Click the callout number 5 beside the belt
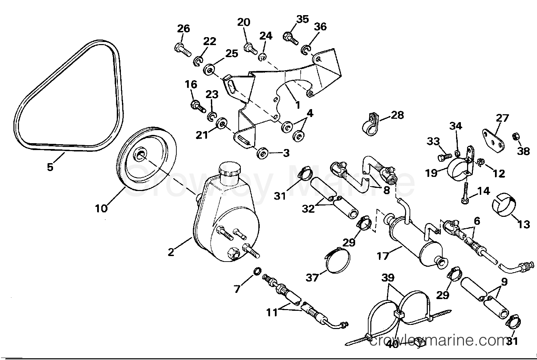click(50, 167)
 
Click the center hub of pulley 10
click(140, 154)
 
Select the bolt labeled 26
click(182, 50)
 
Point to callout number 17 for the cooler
click(383, 256)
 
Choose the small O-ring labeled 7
click(256, 272)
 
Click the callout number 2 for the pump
click(171, 252)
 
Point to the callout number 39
click(388, 278)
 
